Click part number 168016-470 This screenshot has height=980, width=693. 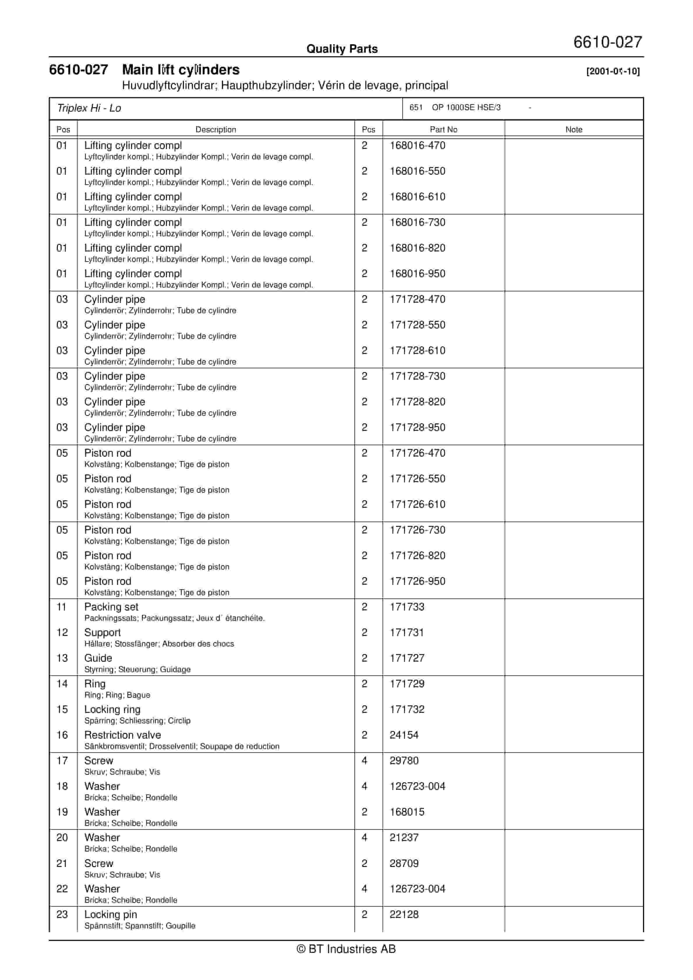point(417,146)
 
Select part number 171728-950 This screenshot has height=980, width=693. point(417,427)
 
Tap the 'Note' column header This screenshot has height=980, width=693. point(574,129)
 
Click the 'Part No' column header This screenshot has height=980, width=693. point(443,129)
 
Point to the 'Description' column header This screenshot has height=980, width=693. point(215,129)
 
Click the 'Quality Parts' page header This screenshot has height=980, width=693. point(342,49)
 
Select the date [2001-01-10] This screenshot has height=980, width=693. point(613,71)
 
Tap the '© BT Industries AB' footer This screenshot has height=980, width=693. point(346,949)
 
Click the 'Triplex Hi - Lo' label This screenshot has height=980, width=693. point(89,108)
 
